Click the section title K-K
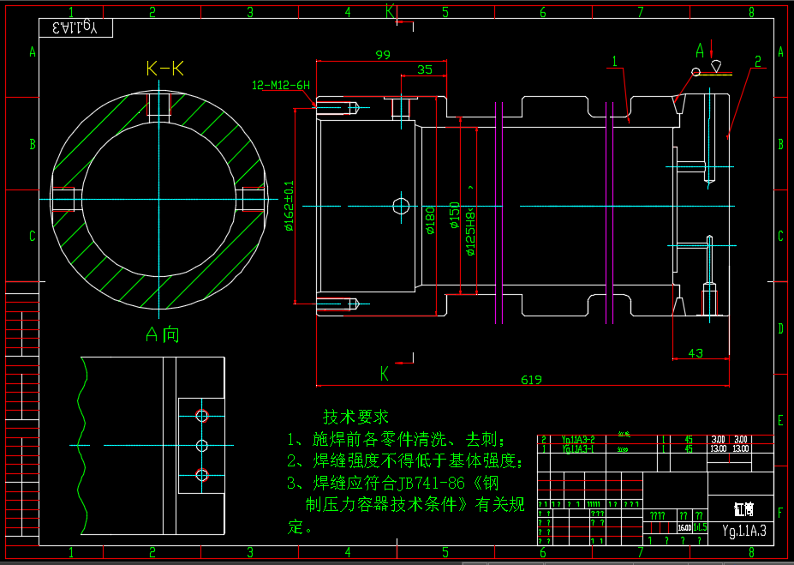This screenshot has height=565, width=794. point(165,69)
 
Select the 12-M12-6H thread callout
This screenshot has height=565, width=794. point(281,86)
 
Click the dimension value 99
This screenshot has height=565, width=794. point(383,55)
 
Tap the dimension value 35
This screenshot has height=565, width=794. point(425,70)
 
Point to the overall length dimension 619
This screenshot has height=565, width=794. point(531,380)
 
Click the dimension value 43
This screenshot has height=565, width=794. point(695,353)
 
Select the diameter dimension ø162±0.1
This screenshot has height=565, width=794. point(290,206)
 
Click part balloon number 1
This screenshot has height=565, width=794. point(615,61)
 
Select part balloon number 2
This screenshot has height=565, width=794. point(758,61)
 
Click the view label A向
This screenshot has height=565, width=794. point(162,334)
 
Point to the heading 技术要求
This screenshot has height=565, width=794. point(355,417)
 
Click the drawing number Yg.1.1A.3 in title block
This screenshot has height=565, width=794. point(743,532)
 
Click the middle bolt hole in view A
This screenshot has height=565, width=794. point(202,446)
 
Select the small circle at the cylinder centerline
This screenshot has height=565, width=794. point(400,206)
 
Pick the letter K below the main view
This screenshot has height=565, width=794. point(385,373)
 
